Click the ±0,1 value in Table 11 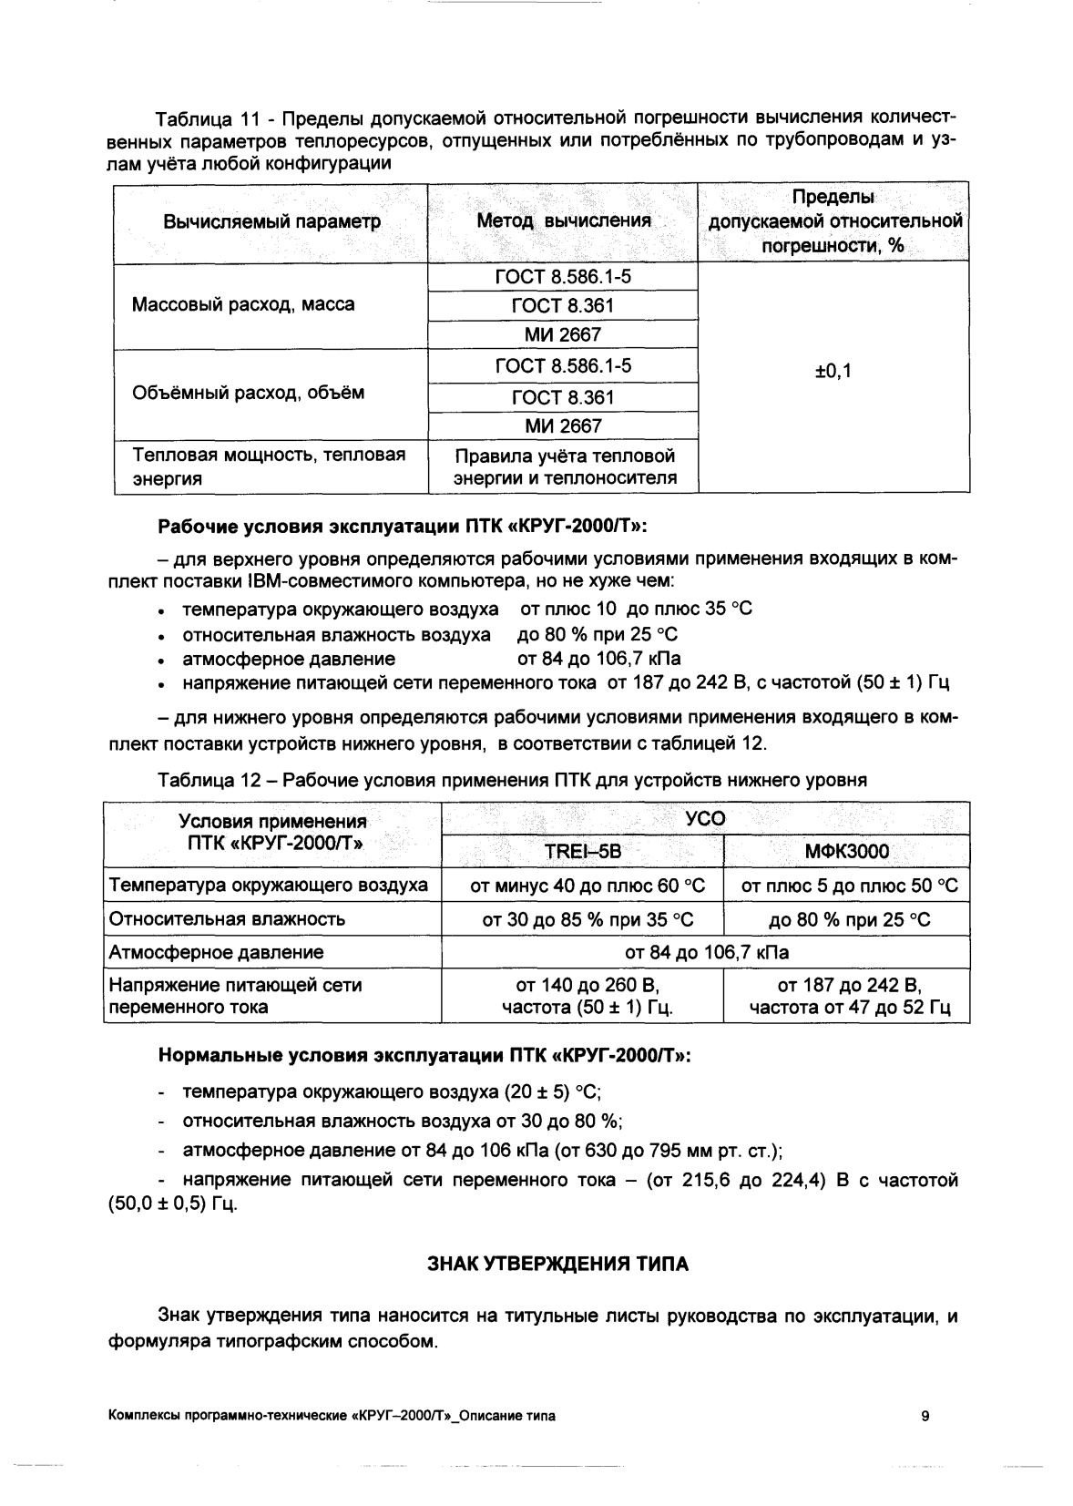click(x=833, y=372)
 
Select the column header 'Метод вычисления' click(x=564, y=221)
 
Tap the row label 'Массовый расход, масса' click(x=243, y=304)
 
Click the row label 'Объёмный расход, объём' click(x=248, y=394)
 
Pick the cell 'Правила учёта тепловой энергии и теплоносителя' click(x=564, y=466)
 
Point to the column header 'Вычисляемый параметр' click(x=271, y=221)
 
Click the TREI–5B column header click(x=582, y=852)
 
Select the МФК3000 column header click(x=846, y=852)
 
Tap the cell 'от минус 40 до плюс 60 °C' click(x=582, y=886)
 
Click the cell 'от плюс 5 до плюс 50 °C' click(x=846, y=886)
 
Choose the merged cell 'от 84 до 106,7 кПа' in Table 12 click(x=706, y=953)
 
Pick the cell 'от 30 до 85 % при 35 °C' click(x=582, y=920)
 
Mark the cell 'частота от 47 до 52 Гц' click(x=846, y=1008)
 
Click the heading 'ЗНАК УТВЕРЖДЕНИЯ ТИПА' click(x=557, y=1265)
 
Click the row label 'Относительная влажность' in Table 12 click(x=228, y=919)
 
